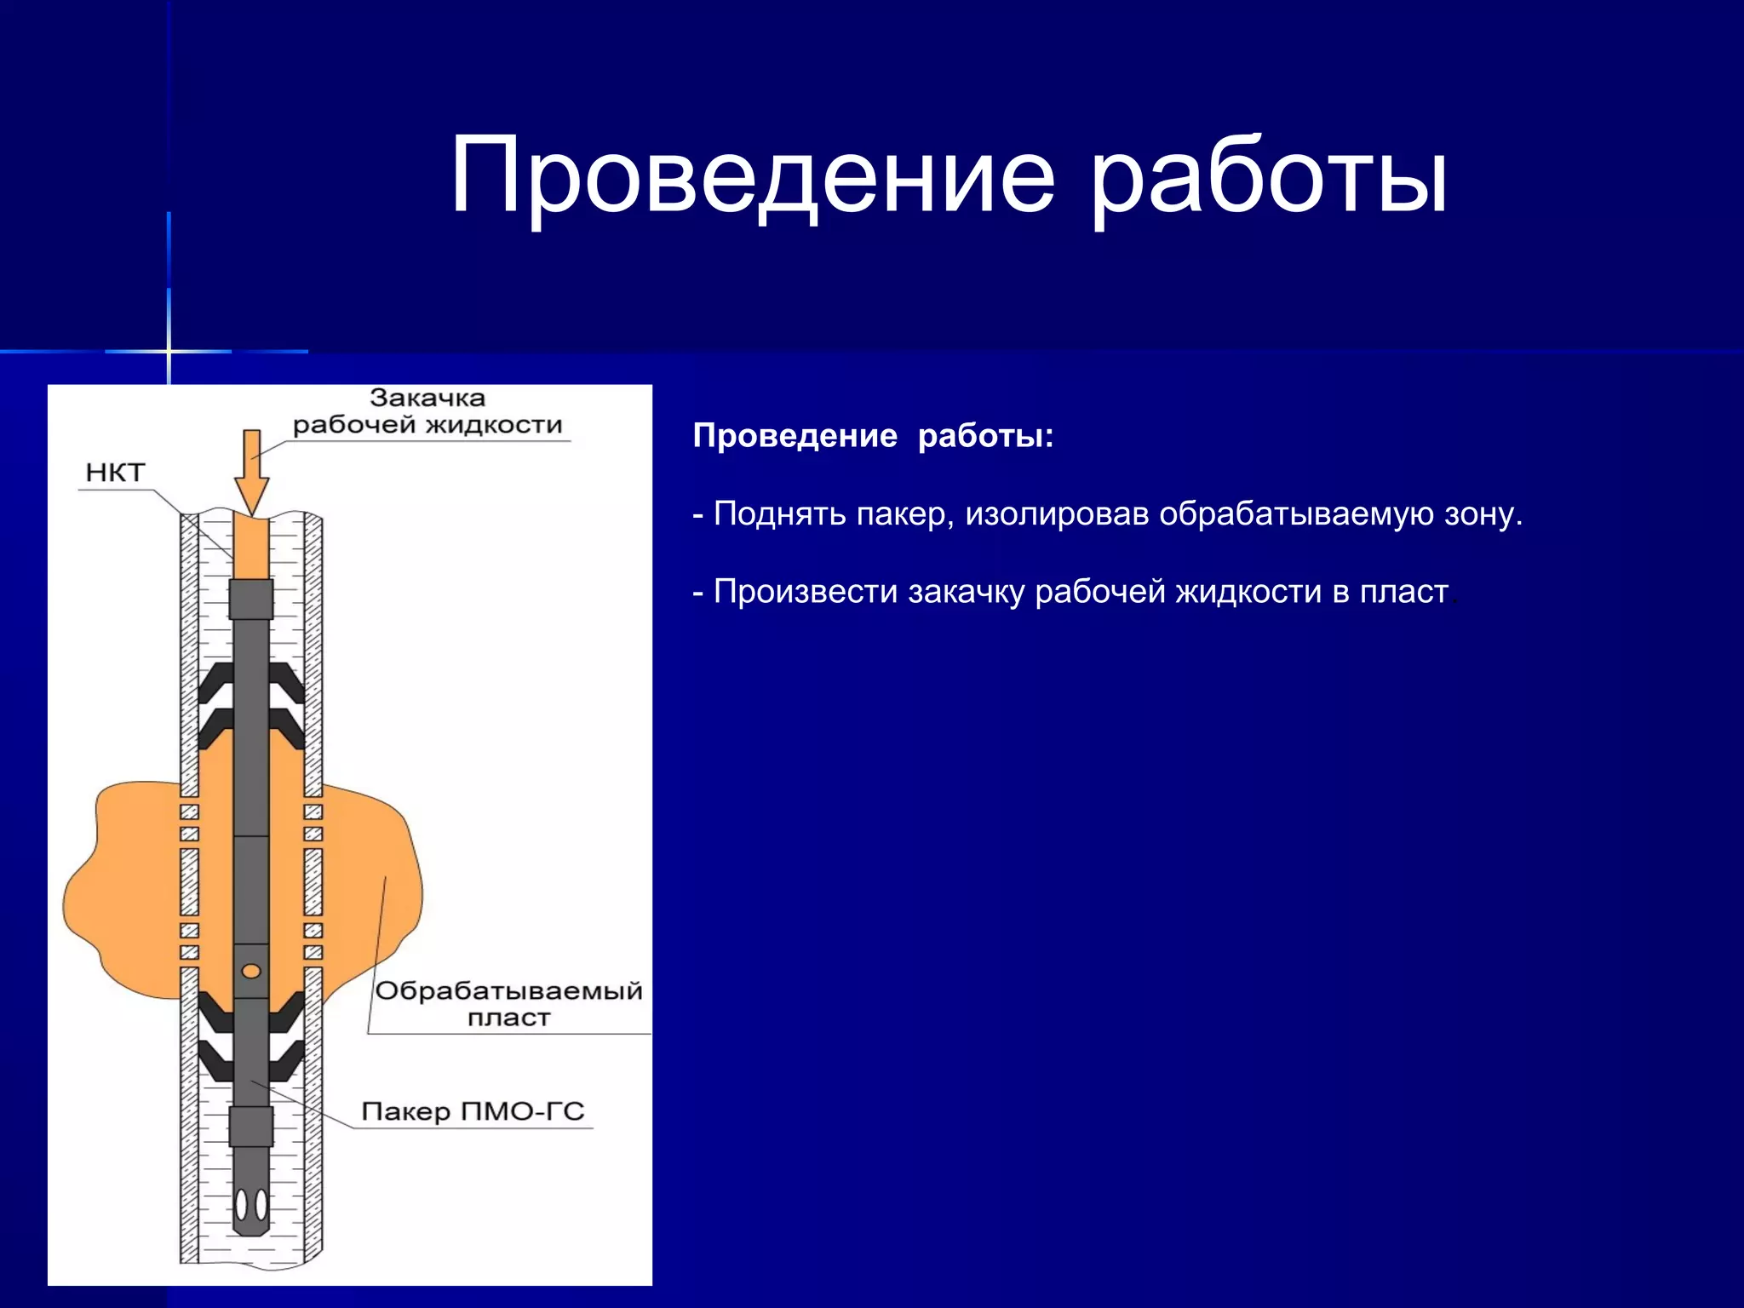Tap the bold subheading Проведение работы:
pyautogui.click(x=873, y=436)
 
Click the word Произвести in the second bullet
pyautogui.click(x=806, y=592)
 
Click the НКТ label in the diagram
pyautogui.click(x=115, y=473)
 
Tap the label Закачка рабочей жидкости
pyautogui.click(x=427, y=411)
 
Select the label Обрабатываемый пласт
pyautogui.click(x=508, y=1003)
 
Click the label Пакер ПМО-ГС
pyautogui.click(x=473, y=1111)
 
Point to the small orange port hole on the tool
pyautogui.click(x=251, y=971)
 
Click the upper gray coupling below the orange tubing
pyautogui.click(x=251, y=599)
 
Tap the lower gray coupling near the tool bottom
pyautogui.click(x=251, y=1126)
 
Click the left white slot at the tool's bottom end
pyautogui.click(x=242, y=1204)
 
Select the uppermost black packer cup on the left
pyautogui.click(x=216, y=681)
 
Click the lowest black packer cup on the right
pyautogui.click(x=287, y=1059)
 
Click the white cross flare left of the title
pyautogui.click(x=169, y=351)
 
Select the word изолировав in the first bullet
pyautogui.click(x=1057, y=514)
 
